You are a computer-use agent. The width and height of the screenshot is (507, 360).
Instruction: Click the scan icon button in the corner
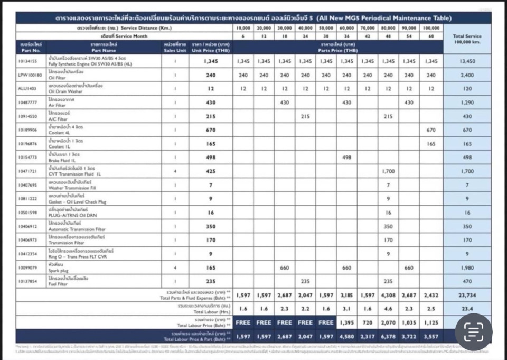pyautogui.click(x=474, y=331)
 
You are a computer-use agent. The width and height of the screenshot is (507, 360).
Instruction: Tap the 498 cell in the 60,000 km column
pyautogui.click(x=346, y=157)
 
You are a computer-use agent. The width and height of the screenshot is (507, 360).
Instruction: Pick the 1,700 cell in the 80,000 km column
pyautogui.click(x=388, y=171)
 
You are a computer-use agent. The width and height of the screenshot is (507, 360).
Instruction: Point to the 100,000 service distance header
pyautogui.click(x=431, y=27)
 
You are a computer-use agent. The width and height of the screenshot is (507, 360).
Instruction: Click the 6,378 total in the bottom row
pyautogui.click(x=388, y=336)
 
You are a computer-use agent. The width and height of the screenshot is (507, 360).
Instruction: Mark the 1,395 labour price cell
pyautogui.click(x=346, y=322)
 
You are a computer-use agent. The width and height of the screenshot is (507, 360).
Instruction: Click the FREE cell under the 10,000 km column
pyautogui.click(x=243, y=322)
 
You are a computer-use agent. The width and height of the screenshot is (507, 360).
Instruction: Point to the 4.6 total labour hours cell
pyautogui.click(x=388, y=309)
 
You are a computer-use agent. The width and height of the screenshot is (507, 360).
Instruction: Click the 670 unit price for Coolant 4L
pyautogui.click(x=211, y=130)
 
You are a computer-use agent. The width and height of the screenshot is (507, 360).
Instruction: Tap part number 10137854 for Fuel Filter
pyautogui.click(x=28, y=281)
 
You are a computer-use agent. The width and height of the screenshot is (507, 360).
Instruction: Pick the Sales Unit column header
pyautogui.click(x=175, y=48)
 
